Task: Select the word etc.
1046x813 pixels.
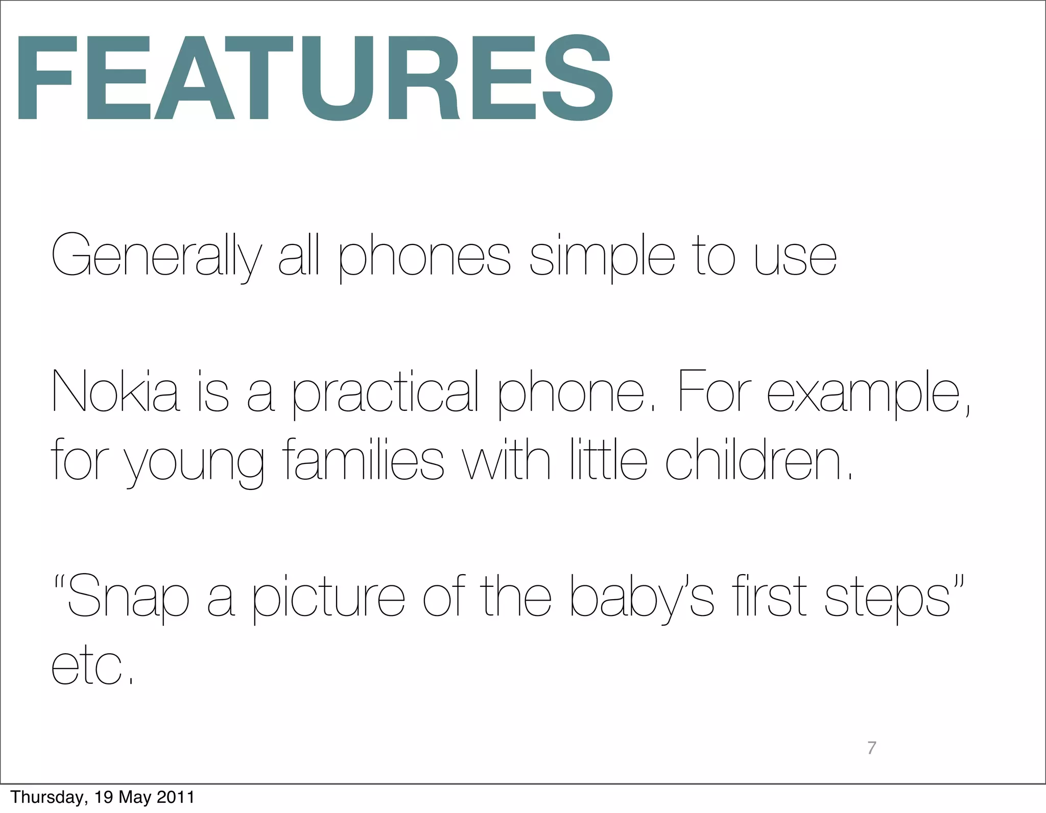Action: pyautogui.click(x=92, y=667)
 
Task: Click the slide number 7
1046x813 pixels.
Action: pyautogui.click(x=872, y=748)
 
